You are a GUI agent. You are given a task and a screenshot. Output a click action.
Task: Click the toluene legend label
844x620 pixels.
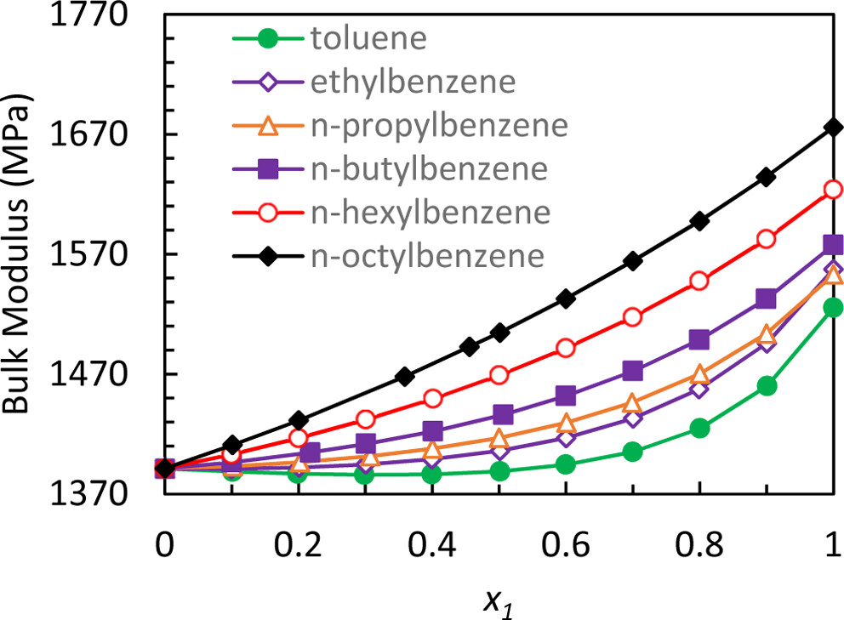pyautogui.click(x=369, y=38)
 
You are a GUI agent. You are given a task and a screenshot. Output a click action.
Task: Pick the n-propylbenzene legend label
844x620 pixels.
pyautogui.click(x=438, y=125)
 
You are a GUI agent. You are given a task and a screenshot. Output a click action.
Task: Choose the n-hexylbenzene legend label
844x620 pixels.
pyautogui.click(x=431, y=211)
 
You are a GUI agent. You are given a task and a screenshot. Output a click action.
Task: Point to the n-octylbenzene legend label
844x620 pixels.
pyautogui.click(x=426, y=254)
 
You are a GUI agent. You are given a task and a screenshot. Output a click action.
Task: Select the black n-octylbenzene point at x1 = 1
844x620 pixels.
pyautogui.click(x=834, y=128)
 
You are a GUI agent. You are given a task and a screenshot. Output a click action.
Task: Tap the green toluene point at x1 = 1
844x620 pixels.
pyautogui.click(x=834, y=307)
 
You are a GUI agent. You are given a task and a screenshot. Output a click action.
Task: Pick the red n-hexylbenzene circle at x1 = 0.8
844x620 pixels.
pyautogui.click(x=699, y=281)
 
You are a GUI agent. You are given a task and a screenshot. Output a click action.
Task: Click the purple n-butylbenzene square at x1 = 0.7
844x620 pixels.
pyautogui.click(x=632, y=371)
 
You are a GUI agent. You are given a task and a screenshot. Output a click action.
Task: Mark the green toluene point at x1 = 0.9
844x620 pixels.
pyautogui.click(x=767, y=385)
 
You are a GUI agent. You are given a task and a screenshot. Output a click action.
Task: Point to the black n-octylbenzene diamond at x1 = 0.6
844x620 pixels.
pyautogui.click(x=565, y=299)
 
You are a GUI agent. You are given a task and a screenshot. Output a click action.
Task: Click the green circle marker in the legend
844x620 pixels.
pyautogui.click(x=267, y=38)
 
